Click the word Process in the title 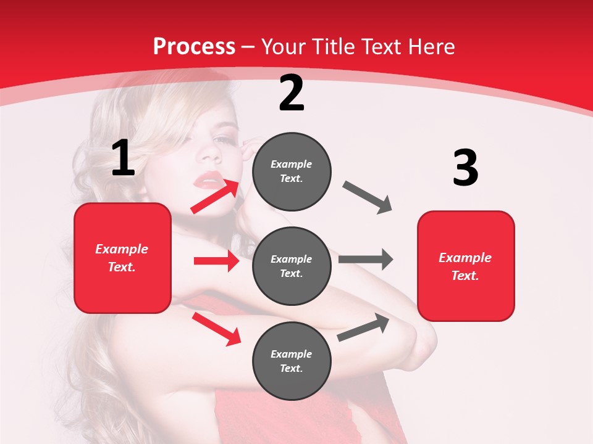(194, 46)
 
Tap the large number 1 (123, 158)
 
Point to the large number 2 (292, 93)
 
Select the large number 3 (465, 168)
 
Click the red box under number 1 (122, 258)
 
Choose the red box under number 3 (466, 266)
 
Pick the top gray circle (292, 171)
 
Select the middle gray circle (292, 266)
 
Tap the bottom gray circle (292, 361)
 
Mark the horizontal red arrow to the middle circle (216, 261)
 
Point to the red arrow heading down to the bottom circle (217, 329)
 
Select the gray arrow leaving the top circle (368, 197)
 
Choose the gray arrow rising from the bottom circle (364, 327)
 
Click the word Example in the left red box (122, 249)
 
